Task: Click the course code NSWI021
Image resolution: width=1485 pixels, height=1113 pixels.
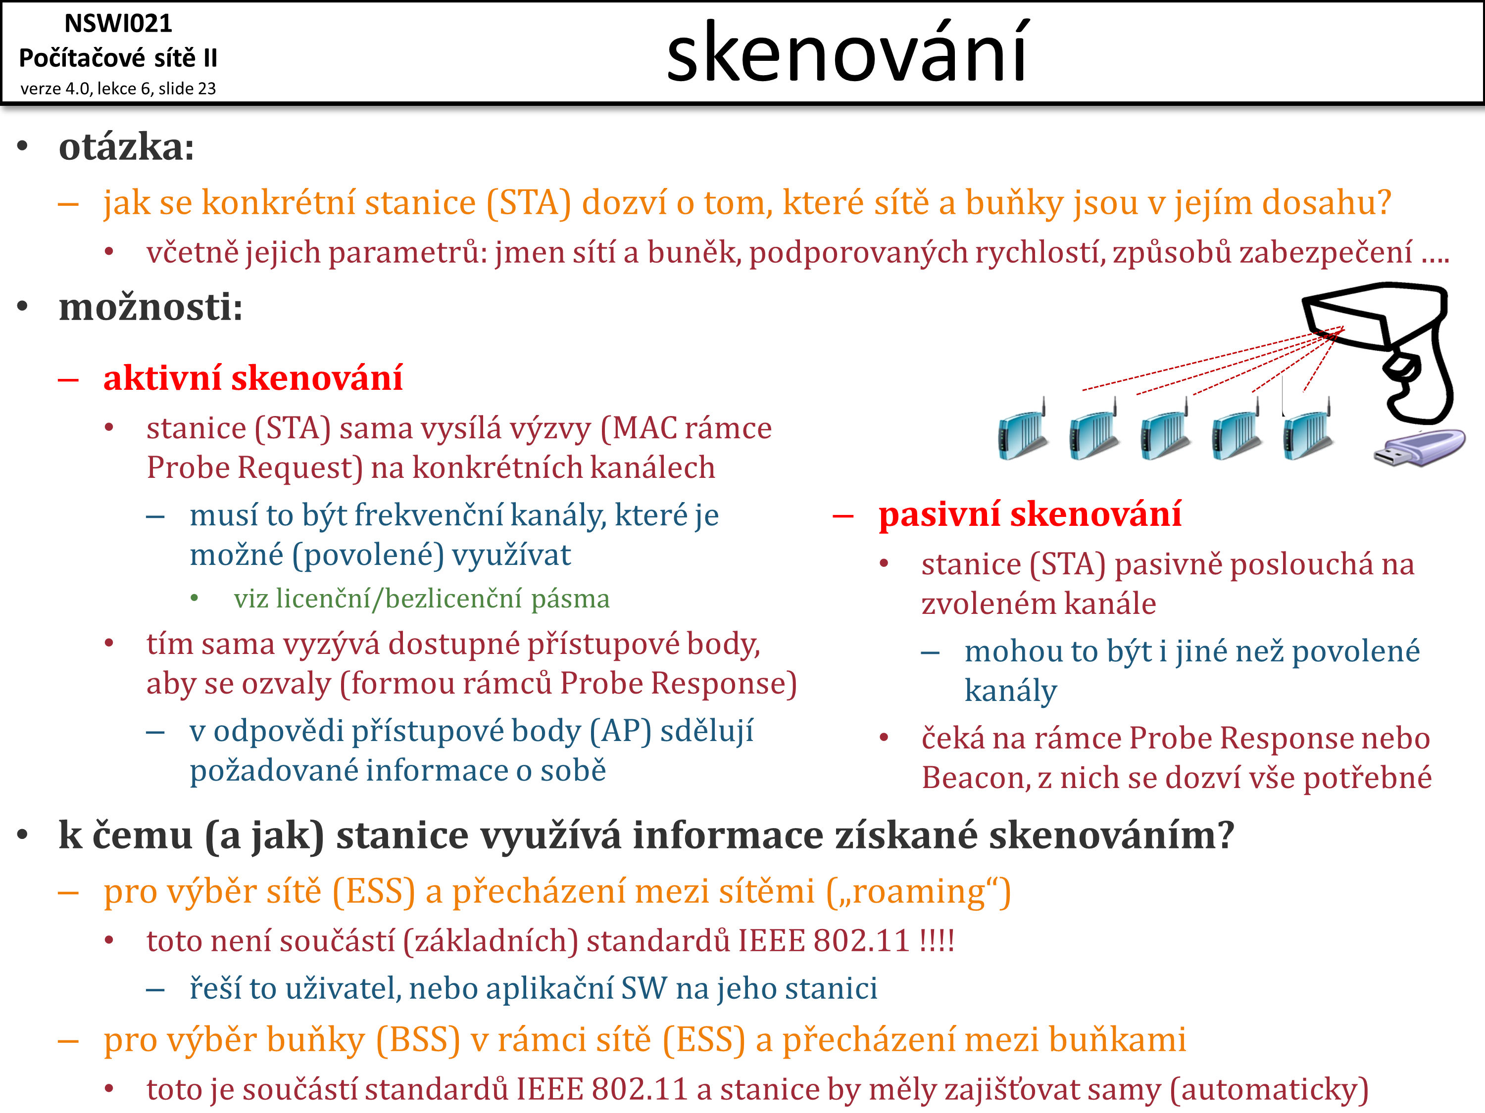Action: click(118, 23)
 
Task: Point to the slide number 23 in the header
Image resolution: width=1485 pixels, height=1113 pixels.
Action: click(206, 89)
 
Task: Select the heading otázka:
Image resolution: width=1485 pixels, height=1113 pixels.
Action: click(126, 147)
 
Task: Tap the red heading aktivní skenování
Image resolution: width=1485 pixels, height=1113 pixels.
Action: click(253, 378)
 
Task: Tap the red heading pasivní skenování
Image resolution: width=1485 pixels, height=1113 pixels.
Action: click(1030, 514)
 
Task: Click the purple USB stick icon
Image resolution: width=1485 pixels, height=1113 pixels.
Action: click(1419, 448)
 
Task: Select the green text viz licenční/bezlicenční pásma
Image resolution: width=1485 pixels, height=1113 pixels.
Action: click(422, 599)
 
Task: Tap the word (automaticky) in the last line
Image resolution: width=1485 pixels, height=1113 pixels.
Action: click(1269, 1090)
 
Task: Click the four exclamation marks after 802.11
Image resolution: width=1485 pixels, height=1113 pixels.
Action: click(937, 940)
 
